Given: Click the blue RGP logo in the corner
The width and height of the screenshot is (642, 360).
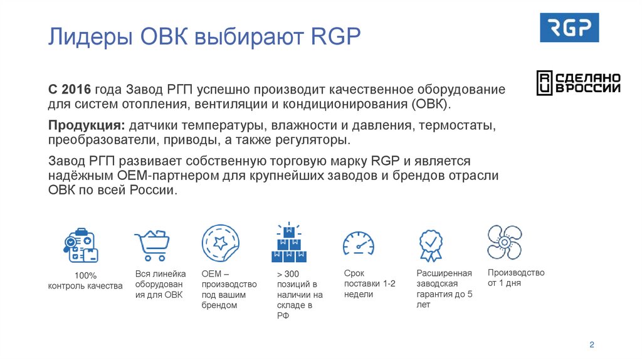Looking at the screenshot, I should (x=569, y=28).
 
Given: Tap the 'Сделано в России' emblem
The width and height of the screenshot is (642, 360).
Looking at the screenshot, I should (x=578, y=83).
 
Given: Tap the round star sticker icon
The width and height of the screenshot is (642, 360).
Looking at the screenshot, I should (x=220, y=243).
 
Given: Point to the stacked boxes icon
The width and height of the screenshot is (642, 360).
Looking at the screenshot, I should (x=289, y=243).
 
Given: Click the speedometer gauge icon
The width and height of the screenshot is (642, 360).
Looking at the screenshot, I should (x=358, y=244).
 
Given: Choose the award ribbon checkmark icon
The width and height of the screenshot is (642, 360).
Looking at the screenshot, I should (x=431, y=245).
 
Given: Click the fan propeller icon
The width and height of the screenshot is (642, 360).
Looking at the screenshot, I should (x=505, y=242).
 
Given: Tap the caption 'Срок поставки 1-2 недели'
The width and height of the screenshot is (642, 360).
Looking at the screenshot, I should (x=369, y=283).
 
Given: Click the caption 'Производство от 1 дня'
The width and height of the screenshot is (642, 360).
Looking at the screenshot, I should (x=515, y=278).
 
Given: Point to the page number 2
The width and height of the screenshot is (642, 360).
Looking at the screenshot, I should (x=591, y=345).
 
